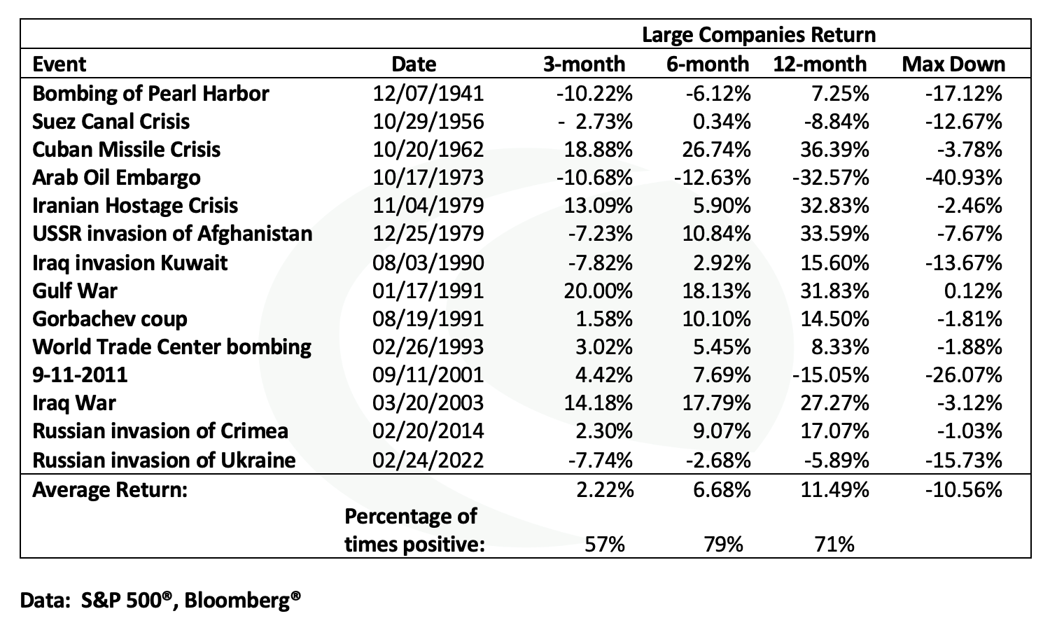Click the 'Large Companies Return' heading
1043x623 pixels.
click(759, 35)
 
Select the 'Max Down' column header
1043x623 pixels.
click(953, 64)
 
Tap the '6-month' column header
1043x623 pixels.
click(707, 64)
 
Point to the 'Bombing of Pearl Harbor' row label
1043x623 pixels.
click(150, 94)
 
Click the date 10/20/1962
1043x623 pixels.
click(428, 150)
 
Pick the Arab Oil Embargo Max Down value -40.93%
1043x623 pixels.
click(963, 178)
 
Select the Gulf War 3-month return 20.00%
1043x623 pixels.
click(598, 291)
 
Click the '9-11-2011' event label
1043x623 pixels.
click(80, 375)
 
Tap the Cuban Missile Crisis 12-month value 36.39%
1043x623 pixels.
click(834, 150)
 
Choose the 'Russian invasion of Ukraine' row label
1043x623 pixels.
click(164, 461)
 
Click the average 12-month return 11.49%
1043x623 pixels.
click(834, 490)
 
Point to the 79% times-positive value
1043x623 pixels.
click(723, 545)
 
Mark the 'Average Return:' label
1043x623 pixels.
click(110, 490)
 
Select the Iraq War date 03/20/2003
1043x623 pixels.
click(428, 403)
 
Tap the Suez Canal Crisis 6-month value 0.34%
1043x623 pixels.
click(721, 122)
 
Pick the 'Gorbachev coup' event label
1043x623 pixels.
click(109, 319)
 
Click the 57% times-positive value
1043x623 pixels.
click(604, 545)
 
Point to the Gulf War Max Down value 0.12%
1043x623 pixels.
click(973, 291)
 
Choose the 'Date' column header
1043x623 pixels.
click(414, 64)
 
